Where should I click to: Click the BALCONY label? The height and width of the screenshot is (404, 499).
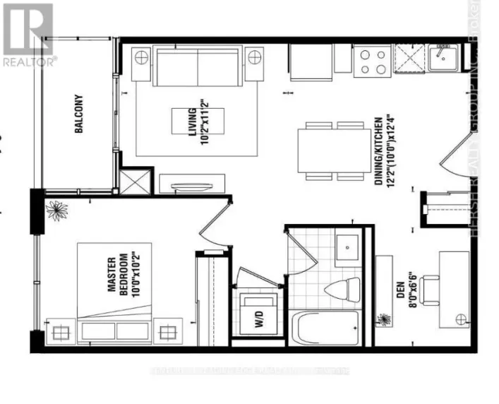pyautogui.click(x=79, y=114)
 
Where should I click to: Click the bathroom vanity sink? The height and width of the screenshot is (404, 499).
pyautogui.click(x=347, y=247)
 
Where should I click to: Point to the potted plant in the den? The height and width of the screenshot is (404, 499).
pyautogui.click(x=385, y=321)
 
